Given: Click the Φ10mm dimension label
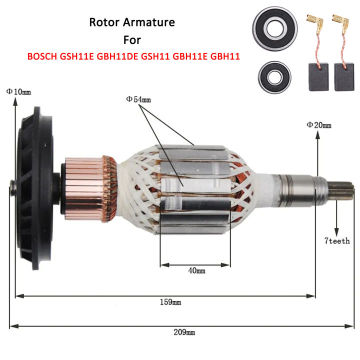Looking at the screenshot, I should [x=18, y=91].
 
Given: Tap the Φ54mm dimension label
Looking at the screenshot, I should [x=138, y=100].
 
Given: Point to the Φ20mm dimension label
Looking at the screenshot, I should [x=319, y=124].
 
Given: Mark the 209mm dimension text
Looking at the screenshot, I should [x=184, y=331].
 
